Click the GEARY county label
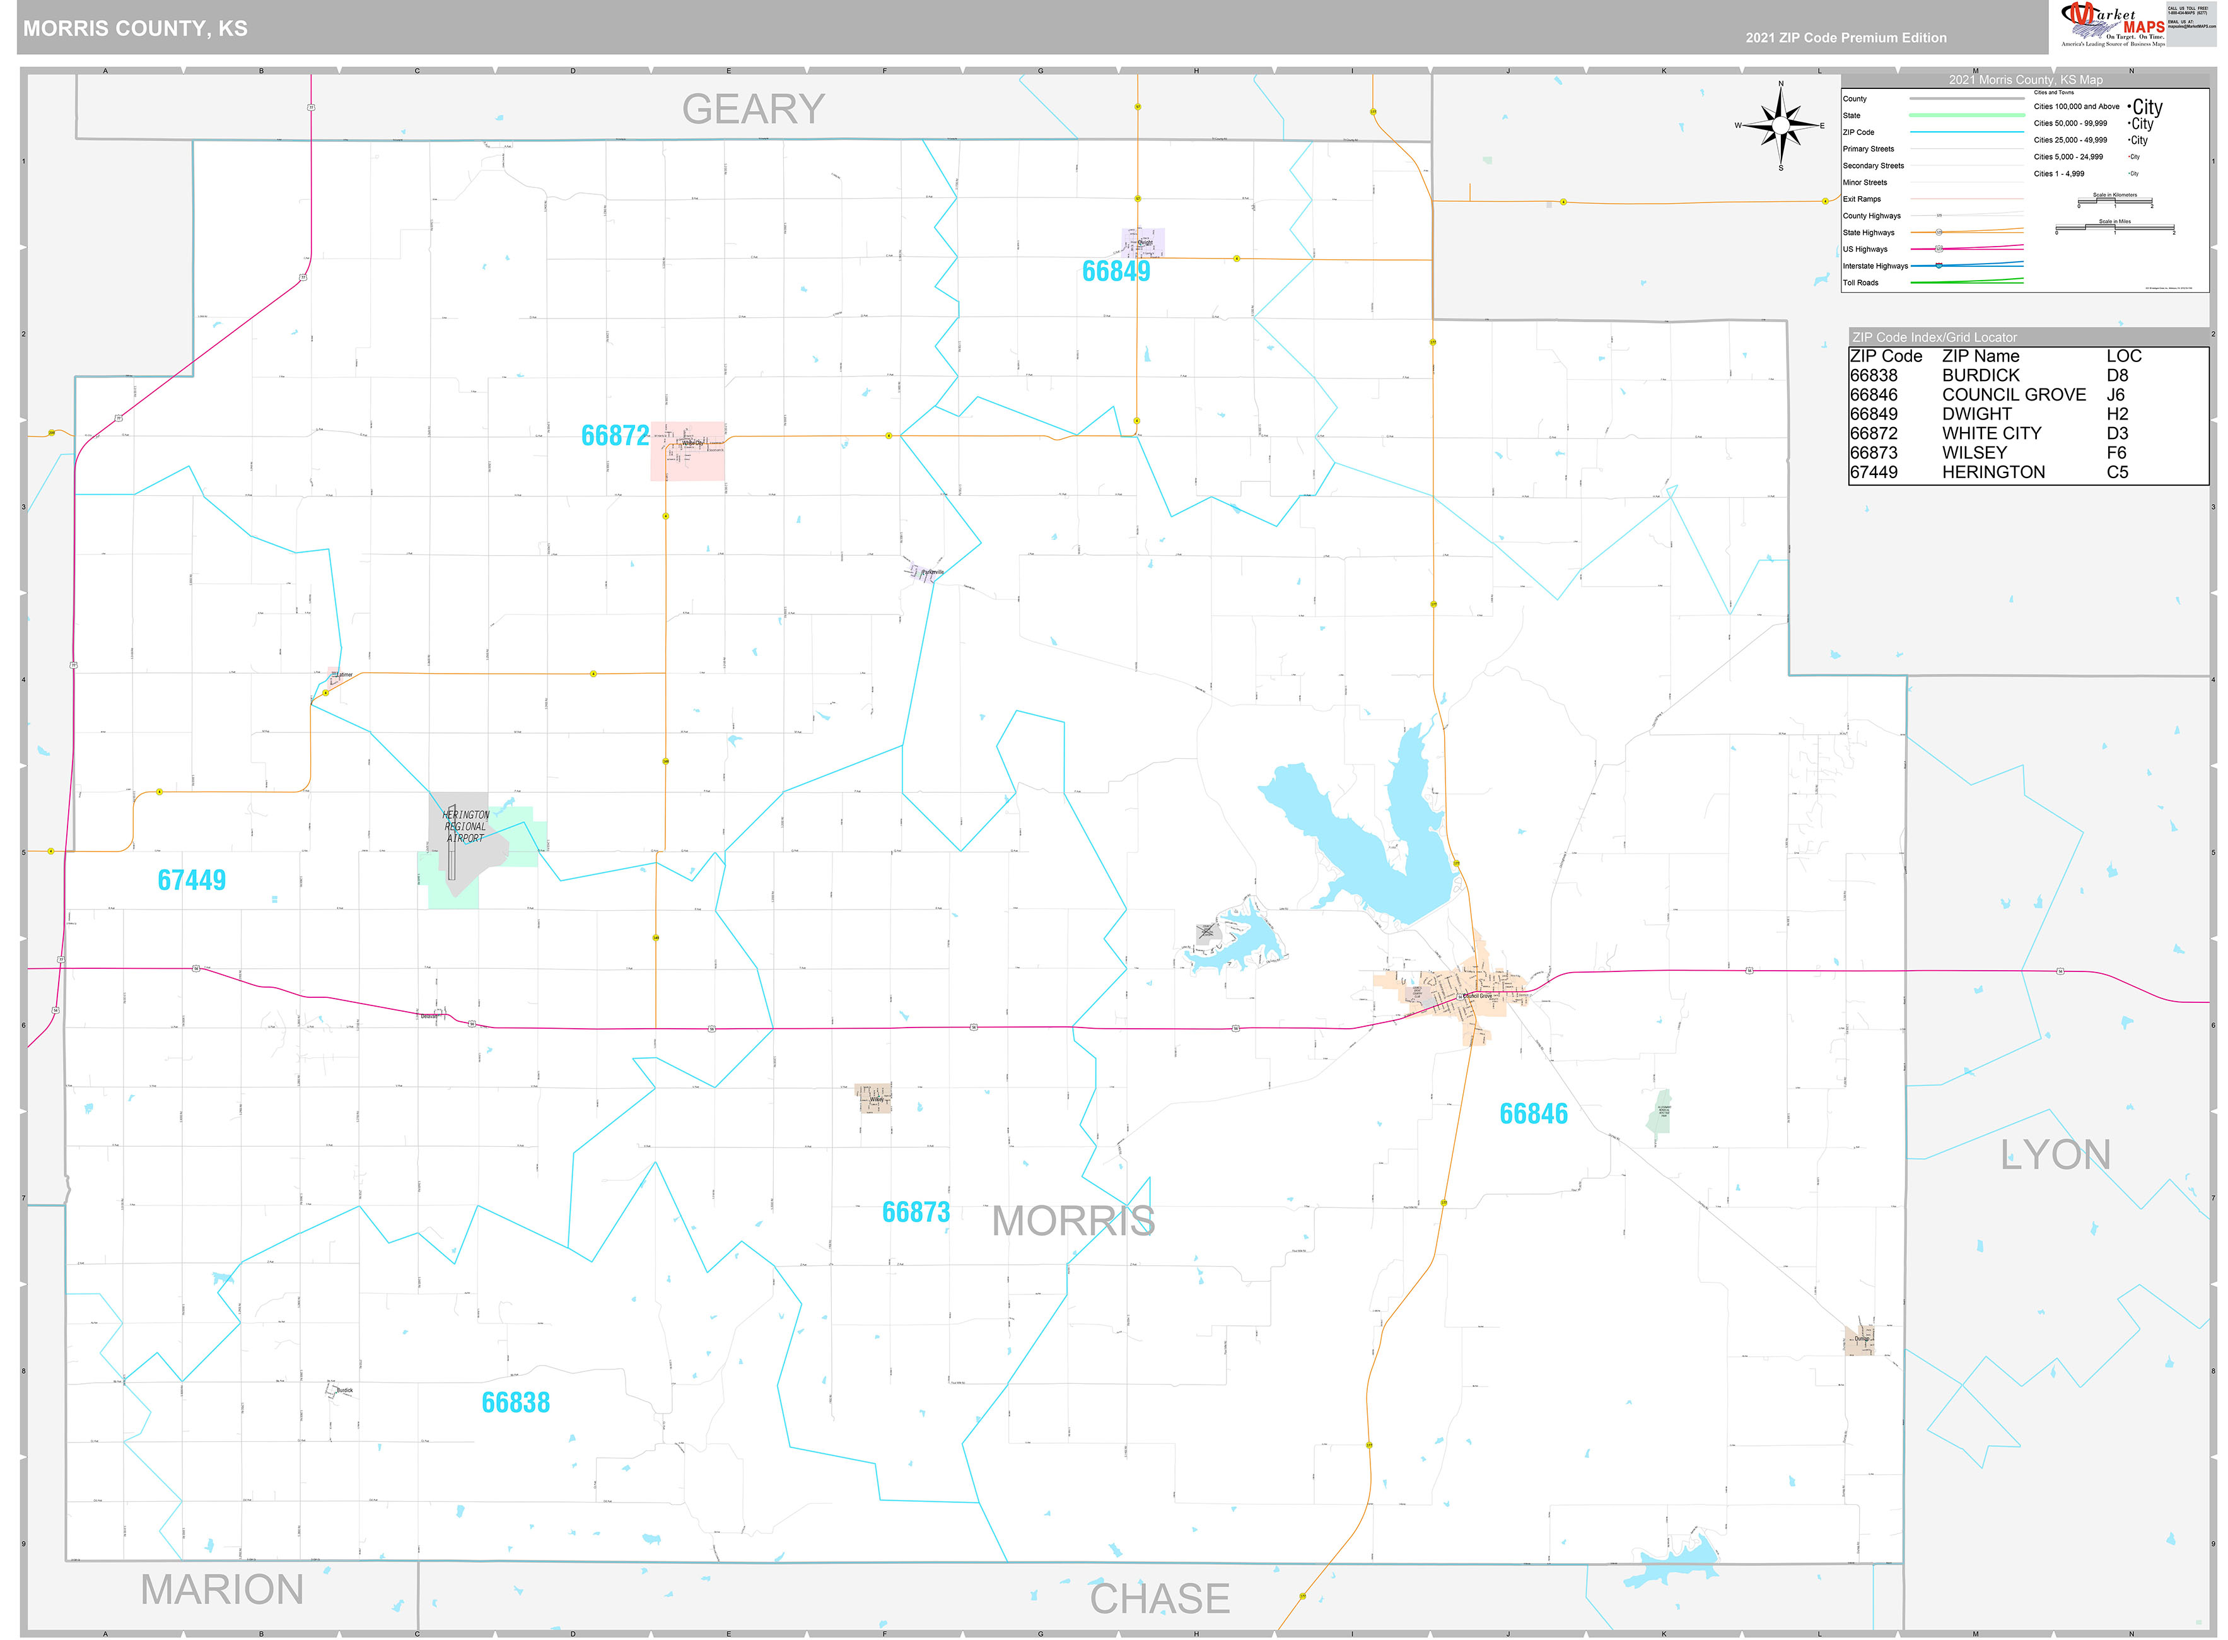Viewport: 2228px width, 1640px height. pyautogui.click(x=753, y=109)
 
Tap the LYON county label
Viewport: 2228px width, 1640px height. pyautogui.click(x=2055, y=1154)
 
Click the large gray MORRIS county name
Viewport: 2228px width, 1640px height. pyautogui.click(x=1073, y=1220)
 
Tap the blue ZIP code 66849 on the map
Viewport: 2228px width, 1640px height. pyautogui.click(x=1116, y=271)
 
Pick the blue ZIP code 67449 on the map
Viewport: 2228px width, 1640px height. pyautogui.click(x=192, y=879)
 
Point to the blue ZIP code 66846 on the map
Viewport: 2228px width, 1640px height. pyautogui.click(x=1533, y=1114)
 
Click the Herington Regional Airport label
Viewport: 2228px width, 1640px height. pyautogui.click(x=465, y=826)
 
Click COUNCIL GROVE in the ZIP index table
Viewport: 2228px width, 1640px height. pyautogui.click(x=2014, y=394)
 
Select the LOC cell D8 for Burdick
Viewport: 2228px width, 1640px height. pyautogui.click(x=2117, y=375)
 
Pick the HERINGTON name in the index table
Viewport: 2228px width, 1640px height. pyautogui.click(x=1993, y=472)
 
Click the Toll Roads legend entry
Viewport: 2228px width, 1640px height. pyautogui.click(x=1861, y=283)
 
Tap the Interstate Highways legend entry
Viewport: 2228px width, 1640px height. pyautogui.click(x=1875, y=266)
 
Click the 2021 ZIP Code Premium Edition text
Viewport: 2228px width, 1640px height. pyautogui.click(x=1846, y=38)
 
